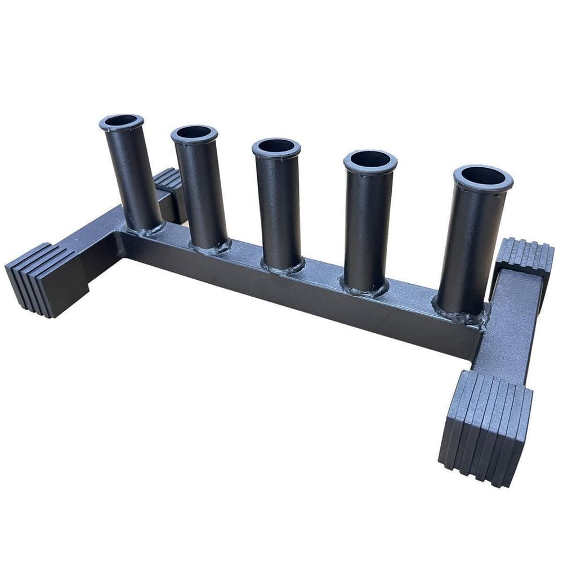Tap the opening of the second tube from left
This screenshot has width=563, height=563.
[194, 133]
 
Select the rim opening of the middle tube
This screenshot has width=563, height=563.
[276, 146]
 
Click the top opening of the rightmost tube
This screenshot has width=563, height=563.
[483, 177]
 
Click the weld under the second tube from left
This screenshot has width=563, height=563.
[211, 247]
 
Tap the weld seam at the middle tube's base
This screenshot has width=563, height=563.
[283, 266]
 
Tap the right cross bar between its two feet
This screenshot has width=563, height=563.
[507, 327]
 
